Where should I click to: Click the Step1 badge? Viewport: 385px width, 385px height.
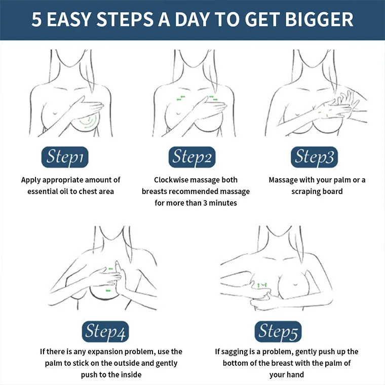65,157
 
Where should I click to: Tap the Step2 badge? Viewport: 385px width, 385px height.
192,157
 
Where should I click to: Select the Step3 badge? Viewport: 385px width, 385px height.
314,157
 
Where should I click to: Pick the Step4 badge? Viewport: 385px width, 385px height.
105,331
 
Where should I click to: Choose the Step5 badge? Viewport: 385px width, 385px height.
278,331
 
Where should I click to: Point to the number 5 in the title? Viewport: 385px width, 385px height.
36,20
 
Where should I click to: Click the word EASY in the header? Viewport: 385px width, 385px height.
68,20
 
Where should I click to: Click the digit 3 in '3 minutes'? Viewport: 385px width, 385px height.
205,203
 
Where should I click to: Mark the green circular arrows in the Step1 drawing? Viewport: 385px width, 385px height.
87,122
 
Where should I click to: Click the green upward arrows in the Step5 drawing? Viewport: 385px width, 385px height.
262,285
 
